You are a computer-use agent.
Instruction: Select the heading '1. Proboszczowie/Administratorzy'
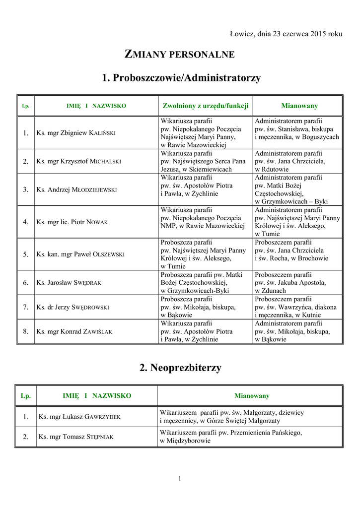(x=181, y=78)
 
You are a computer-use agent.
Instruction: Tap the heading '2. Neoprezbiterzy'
(x=180, y=368)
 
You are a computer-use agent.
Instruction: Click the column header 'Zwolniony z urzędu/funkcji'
(x=206, y=106)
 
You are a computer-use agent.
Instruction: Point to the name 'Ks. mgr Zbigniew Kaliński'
(x=76, y=133)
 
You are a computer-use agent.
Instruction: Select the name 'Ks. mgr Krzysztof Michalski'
(x=78, y=161)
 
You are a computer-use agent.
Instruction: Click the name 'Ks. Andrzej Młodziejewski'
(x=76, y=190)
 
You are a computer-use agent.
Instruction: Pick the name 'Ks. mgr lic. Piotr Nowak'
(x=72, y=222)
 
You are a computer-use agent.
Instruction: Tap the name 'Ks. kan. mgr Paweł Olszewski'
(x=80, y=254)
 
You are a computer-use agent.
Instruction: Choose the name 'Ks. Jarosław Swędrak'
(x=69, y=282)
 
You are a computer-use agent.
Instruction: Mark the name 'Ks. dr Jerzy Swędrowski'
(x=72, y=307)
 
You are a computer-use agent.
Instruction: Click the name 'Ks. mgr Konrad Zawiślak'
(x=74, y=331)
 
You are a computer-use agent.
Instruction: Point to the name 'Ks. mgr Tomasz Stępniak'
(x=76, y=437)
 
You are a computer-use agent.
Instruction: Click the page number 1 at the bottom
(x=180, y=478)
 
